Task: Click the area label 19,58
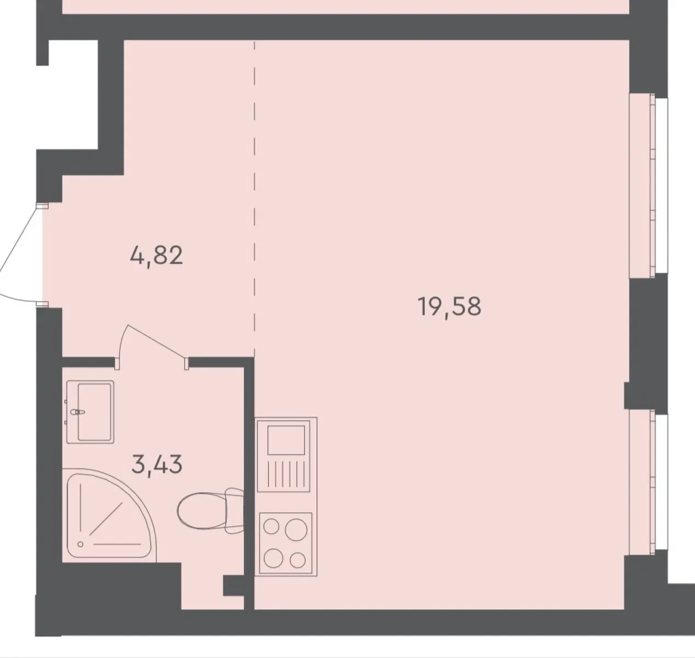(x=449, y=307)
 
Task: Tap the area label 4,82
(x=156, y=256)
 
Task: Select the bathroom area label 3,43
(x=156, y=464)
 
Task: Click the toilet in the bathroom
(x=211, y=510)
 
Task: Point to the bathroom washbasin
(x=91, y=412)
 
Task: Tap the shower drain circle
(x=81, y=544)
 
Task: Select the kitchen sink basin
(x=286, y=440)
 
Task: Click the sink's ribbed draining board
(x=286, y=474)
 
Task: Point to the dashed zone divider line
(x=254, y=198)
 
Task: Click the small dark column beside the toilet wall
(x=234, y=587)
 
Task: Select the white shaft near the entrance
(x=73, y=95)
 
